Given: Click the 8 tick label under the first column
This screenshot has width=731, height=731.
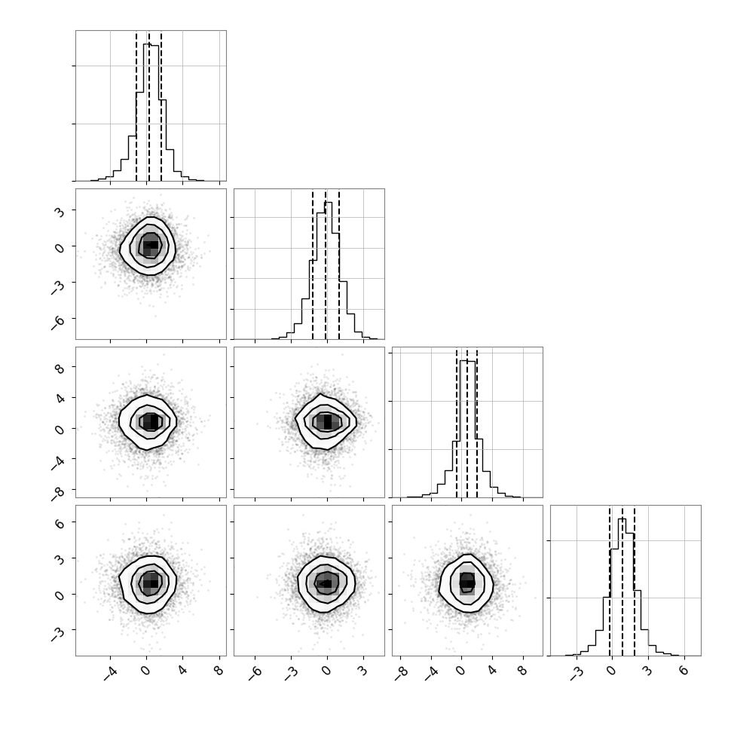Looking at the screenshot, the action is click(219, 671).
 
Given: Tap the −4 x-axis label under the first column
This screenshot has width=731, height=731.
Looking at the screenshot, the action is click(110, 673).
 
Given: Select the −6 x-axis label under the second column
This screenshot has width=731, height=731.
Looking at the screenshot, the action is click(255, 673).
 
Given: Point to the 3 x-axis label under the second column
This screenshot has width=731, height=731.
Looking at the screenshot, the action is click(362, 671).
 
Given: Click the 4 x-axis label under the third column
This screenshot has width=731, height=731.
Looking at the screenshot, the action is click(492, 671).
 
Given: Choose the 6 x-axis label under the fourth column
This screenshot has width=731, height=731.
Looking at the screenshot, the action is click(684, 671).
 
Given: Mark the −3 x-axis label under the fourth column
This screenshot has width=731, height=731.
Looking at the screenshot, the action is click(577, 673).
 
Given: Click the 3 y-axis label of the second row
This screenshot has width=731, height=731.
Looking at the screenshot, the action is click(60, 212).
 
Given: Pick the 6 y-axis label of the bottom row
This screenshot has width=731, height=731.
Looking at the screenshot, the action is click(60, 524).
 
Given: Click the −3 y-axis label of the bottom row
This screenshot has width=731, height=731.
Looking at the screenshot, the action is click(57, 634).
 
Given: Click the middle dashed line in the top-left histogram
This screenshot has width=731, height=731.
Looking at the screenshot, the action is click(148, 106).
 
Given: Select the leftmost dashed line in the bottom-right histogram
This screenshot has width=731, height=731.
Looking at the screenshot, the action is click(610, 581).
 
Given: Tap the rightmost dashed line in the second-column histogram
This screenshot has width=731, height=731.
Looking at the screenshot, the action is click(339, 265).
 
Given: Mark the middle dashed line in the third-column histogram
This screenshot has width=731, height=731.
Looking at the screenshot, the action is click(467, 424).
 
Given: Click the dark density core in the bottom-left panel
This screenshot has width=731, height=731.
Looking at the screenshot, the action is click(151, 582).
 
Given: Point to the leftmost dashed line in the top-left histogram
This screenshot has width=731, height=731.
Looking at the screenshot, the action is click(136, 106).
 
